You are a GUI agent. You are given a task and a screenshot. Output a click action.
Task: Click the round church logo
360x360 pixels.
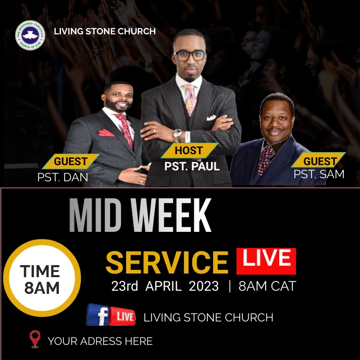coord(30,35)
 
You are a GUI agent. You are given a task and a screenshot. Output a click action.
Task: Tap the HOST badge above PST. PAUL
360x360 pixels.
coord(189,151)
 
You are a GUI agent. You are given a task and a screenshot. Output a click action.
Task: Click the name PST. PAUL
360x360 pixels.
coord(192,167)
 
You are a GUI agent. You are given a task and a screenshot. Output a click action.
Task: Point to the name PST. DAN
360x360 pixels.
coord(63,178)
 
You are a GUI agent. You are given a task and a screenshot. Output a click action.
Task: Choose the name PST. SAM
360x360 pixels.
coord(319,175)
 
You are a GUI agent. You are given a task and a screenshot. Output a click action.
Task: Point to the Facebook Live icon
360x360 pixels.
coord(111,315)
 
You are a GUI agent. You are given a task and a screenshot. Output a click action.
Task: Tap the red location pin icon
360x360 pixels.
coord(35,339)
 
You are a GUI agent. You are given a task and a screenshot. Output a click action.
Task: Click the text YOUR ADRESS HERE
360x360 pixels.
coord(100,341)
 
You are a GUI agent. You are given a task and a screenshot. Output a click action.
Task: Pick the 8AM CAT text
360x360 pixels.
coord(267,286)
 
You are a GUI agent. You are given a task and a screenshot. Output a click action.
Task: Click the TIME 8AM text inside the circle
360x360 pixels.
coord(41,279)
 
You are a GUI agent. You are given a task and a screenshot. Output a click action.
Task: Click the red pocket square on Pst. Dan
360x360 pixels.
coord(106,132)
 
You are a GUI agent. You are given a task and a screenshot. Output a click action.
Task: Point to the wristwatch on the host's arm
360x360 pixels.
coord(178,134)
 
